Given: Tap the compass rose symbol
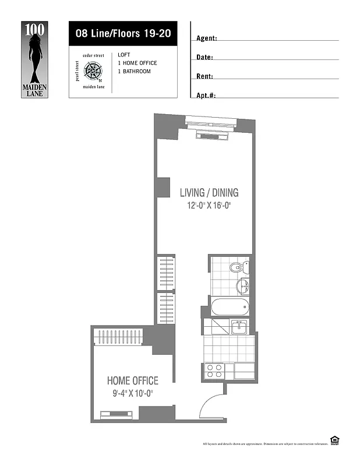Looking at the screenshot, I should coord(93,71).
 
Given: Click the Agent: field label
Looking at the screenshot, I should coord(207,38).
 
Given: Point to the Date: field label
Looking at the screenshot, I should coord(204,58).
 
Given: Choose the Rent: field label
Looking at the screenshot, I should coord(204,76).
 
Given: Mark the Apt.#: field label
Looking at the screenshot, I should coord(206,95).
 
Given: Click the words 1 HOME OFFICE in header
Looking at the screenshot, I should coord(137,63).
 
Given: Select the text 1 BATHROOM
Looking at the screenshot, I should coord(134,72).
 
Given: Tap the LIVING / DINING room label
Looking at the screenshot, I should coord(209,193).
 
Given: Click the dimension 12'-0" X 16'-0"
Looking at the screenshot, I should coord(209,206).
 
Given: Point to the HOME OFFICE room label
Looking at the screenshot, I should coord(132,381).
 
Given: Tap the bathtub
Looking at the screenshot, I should coord(230,308).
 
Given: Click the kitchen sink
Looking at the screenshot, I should coord(239,327).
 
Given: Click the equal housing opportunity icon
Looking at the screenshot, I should coord(335,441).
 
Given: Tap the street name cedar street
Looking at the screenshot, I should coord(93,55).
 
